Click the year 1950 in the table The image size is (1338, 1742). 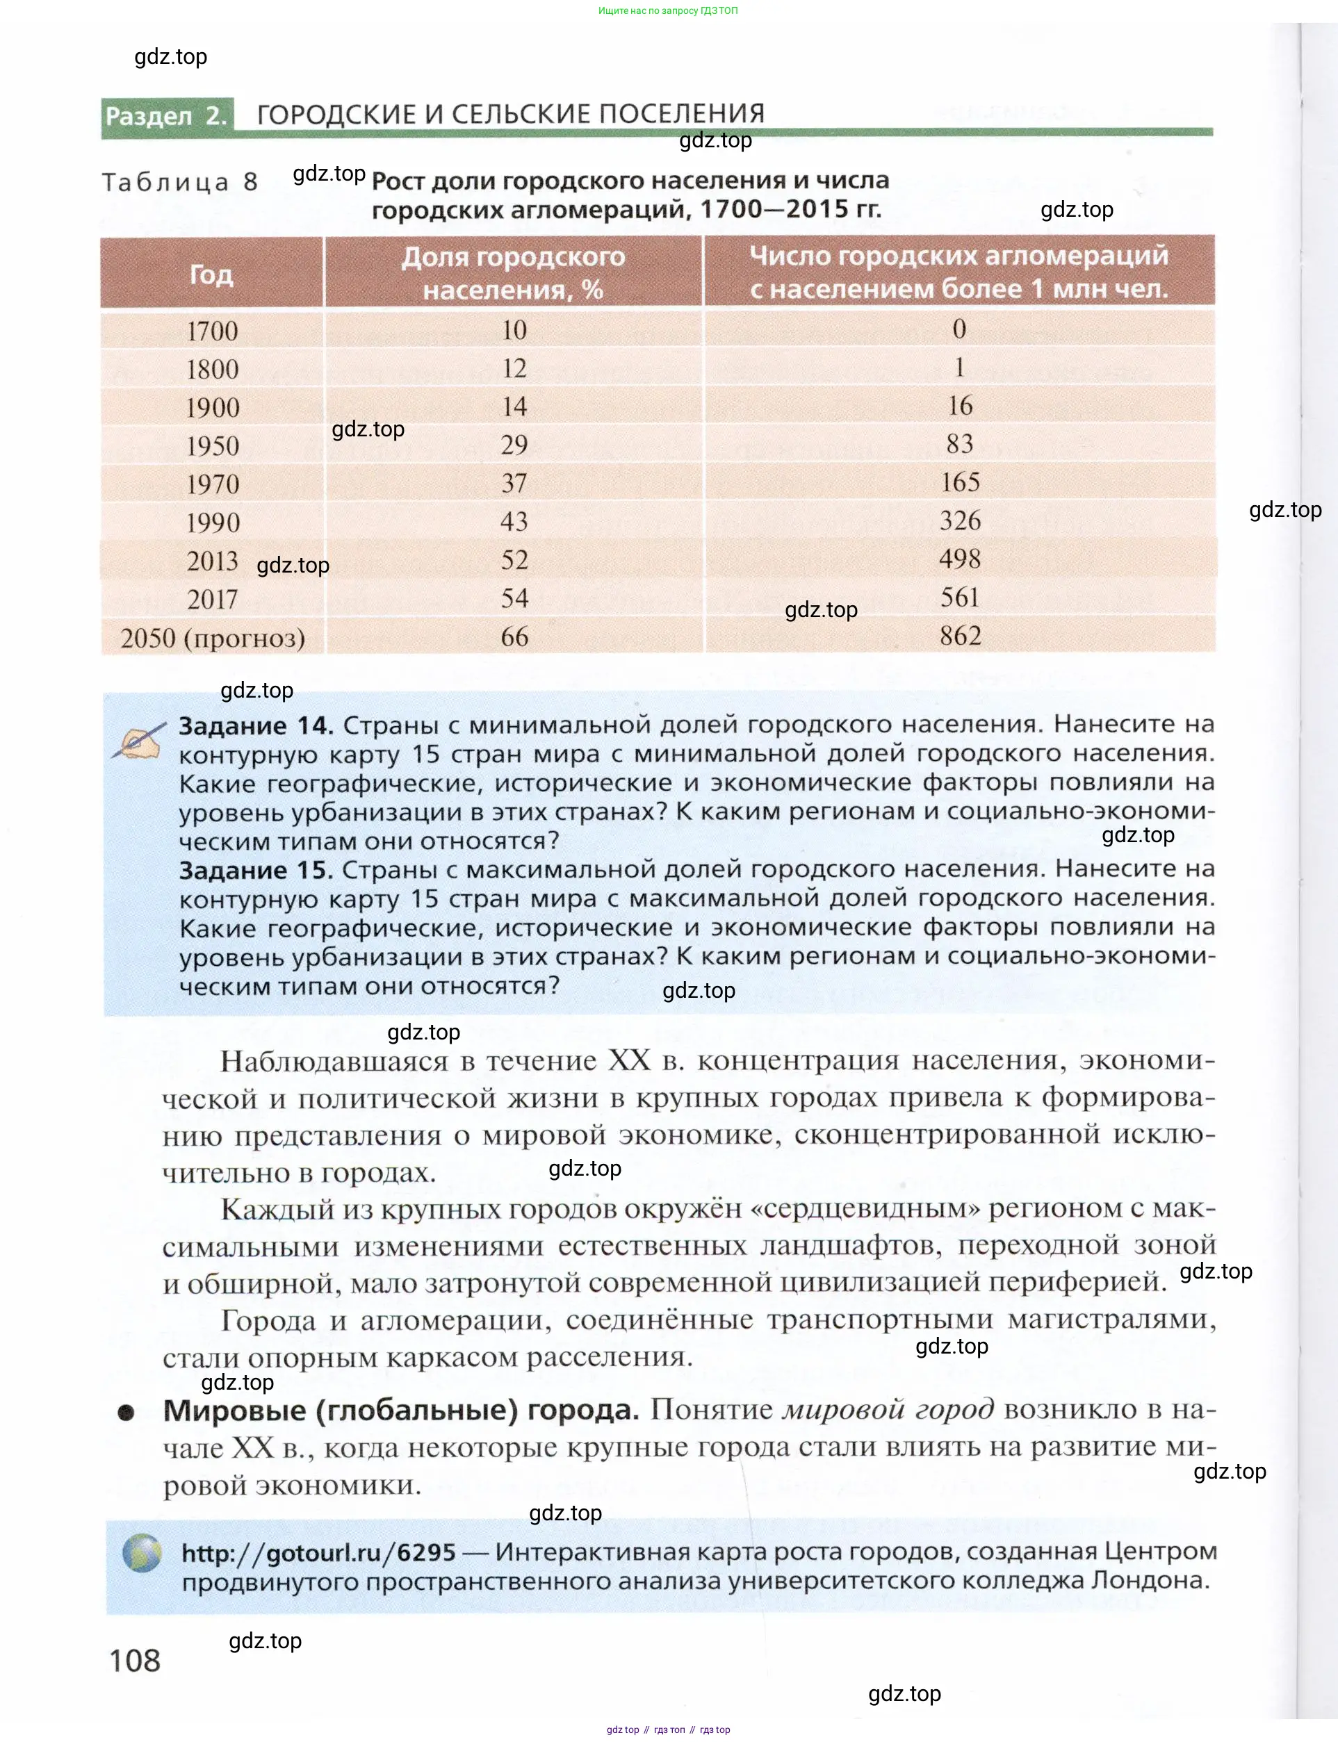tap(213, 446)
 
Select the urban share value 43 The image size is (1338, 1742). tap(514, 521)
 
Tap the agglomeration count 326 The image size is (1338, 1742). tap(960, 520)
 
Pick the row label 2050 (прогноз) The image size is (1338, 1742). tap(213, 639)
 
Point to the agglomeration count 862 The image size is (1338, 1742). tap(960, 635)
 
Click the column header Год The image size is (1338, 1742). tap(211, 274)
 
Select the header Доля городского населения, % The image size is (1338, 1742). tap(513, 273)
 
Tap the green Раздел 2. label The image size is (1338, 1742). tap(166, 116)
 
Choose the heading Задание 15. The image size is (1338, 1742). tap(256, 870)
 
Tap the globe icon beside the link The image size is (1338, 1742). tap(142, 1552)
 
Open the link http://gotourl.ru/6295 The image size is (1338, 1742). tap(318, 1552)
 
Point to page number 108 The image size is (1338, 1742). tap(135, 1659)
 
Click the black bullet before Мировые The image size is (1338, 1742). tap(126, 1413)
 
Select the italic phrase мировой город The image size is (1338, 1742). tap(888, 1409)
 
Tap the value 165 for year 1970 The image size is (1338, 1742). tap(960, 482)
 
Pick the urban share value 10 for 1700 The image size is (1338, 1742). tap(514, 331)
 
